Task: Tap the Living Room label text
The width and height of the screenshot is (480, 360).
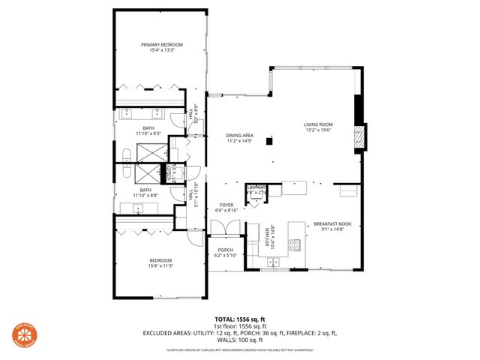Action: (318, 124)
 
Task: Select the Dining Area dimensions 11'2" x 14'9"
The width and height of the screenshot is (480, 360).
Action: (239, 140)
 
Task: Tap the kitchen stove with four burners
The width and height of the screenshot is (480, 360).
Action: (295, 244)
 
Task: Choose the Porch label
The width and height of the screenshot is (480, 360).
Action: (226, 250)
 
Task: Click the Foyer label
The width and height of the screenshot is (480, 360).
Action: (227, 205)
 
